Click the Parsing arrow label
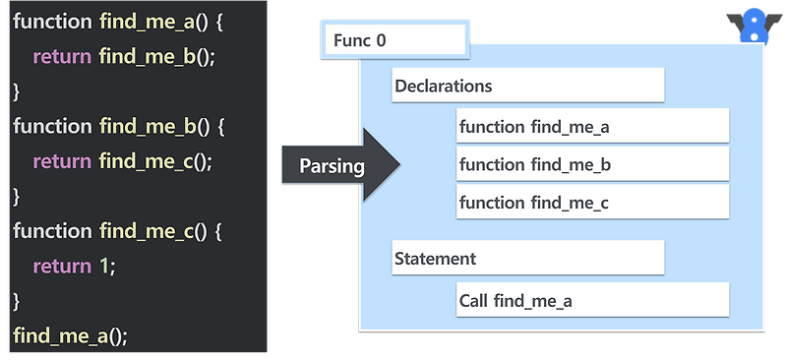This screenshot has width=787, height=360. (333, 166)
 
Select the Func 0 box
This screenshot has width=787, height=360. (393, 41)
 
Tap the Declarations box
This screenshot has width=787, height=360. (527, 87)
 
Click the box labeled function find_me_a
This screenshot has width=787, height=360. (592, 127)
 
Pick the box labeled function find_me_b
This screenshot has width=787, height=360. (592, 164)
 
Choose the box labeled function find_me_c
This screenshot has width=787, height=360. (592, 202)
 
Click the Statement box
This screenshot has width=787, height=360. (527, 259)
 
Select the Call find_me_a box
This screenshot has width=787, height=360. (592, 300)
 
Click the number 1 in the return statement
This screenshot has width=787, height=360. (104, 266)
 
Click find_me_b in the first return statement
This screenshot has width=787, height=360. (149, 56)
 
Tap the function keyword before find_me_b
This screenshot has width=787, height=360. (52, 126)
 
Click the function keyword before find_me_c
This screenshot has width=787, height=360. (52, 230)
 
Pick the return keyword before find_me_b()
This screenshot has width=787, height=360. (62, 56)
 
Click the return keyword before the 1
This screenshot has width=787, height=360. (62, 266)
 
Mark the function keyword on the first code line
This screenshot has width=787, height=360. (52, 21)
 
